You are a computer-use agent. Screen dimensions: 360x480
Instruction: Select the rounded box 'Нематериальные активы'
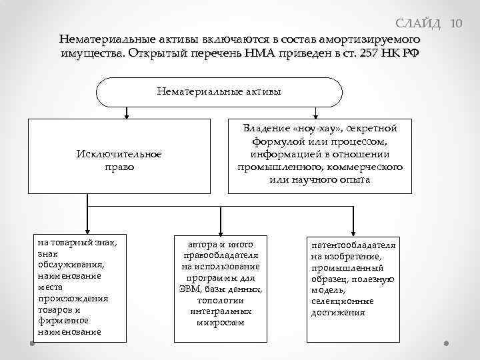[x=219, y=92]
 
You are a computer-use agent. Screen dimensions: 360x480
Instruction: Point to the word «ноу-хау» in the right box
[x=312, y=128]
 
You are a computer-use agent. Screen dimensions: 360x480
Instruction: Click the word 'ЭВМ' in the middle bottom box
[x=191, y=289]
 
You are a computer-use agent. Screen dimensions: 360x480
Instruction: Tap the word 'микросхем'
[x=220, y=323]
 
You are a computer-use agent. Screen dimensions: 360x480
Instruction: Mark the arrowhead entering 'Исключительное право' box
[x=125, y=115]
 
